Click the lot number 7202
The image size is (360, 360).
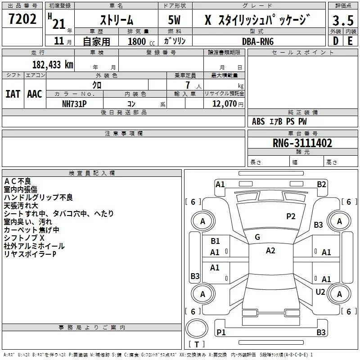(22, 19)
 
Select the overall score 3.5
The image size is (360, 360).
(343, 20)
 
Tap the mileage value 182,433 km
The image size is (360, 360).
(53, 65)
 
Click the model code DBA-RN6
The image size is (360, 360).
(258, 41)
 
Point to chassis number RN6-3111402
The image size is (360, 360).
(302, 143)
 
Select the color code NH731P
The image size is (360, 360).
(74, 104)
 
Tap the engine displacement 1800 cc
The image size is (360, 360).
(141, 41)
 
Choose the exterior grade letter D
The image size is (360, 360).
(336, 41)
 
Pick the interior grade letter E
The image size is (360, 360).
(350, 41)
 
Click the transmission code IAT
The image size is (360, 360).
(13, 94)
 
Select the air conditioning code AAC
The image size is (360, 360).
(35, 94)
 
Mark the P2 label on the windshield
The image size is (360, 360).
(291, 216)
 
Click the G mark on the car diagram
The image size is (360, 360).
(257, 237)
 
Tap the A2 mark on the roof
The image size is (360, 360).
(270, 251)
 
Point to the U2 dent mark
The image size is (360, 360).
(320, 292)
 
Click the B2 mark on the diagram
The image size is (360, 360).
(321, 184)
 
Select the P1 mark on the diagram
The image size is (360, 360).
(221, 332)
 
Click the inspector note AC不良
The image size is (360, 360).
(18, 181)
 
